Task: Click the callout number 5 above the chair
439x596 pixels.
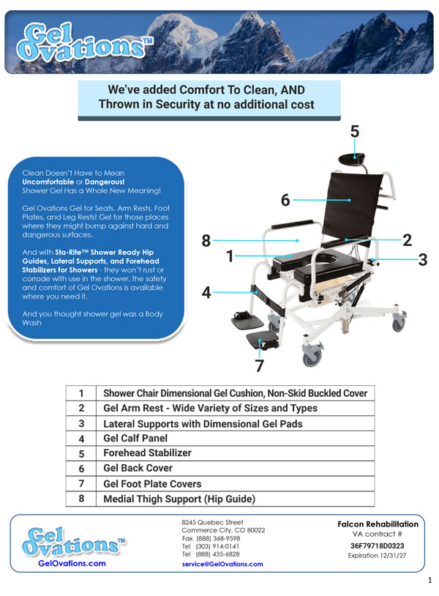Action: pyautogui.click(x=354, y=132)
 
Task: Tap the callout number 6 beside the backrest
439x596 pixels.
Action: pyautogui.click(x=285, y=200)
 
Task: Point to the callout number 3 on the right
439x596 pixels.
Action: pyautogui.click(x=423, y=260)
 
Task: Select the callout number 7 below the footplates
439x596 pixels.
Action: pyautogui.click(x=259, y=365)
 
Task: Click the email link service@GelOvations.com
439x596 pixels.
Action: pyautogui.click(x=222, y=564)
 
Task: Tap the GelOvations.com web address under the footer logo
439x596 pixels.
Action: pyautogui.click(x=72, y=563)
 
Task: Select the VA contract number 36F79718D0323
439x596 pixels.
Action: pyautogui.click(x=377, y=545)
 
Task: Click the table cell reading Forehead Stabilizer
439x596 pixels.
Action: pyautogui.click(x=147, y=452)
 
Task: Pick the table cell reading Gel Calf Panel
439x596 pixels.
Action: pyautogui.click(x=135, y=439)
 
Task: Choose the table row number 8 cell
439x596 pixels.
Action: pyautogui.click(x=81, y=499)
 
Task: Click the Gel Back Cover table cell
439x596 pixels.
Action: pyautogui.click(x=138, y=468)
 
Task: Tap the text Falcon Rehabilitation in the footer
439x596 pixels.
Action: pyautogui.click(x=378, y=524)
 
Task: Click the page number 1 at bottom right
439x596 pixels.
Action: pyautogui.click(x=430, y=580)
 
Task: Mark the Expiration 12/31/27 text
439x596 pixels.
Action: pyautogui.click(x=377, y=555)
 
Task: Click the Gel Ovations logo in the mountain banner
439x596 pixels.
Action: pyautogui.click(x=84, y=42)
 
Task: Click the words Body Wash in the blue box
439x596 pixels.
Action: pyautogui.click(x=93, y=319)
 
